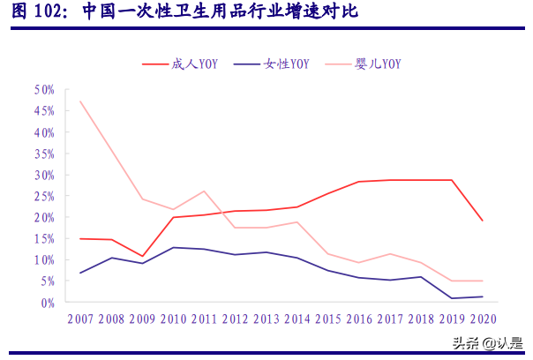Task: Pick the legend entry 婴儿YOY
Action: pos(375,64)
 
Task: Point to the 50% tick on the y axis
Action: pos(44,90)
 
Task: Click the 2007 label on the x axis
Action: pos(81,319)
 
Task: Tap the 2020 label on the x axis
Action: pos(482,319)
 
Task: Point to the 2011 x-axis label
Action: pos(205,319)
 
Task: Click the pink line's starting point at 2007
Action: pos(81,101)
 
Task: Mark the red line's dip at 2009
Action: pos(143,257)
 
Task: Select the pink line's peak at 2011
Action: pos(205,191)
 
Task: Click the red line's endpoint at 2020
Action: pos(482,221)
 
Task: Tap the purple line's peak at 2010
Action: pos(174,247)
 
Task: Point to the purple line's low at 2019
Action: pos(452,298)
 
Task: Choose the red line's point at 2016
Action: pos(358,182)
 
